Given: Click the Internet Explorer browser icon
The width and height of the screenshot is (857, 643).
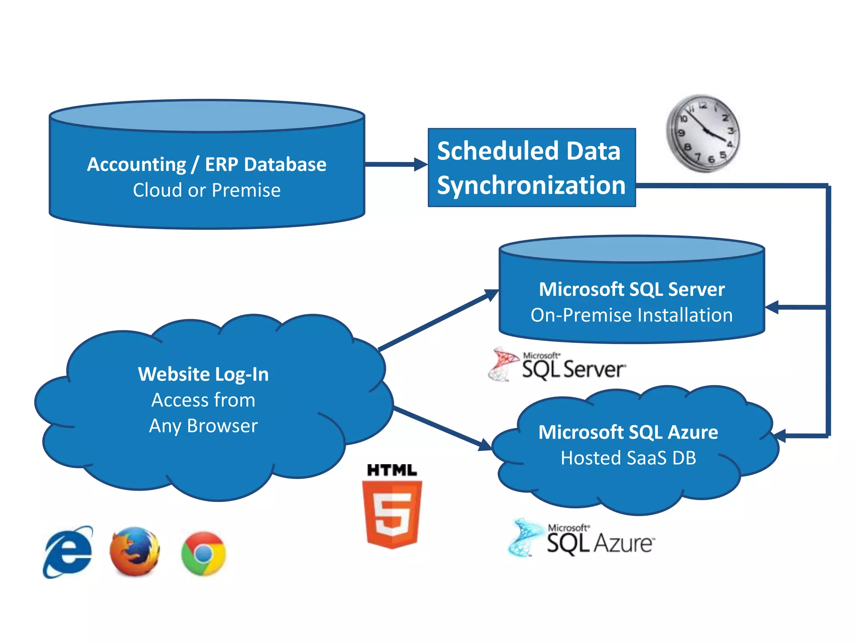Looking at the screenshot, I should click(x=68, y=552).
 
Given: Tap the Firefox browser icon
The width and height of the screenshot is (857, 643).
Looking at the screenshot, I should click(x=135, y=551).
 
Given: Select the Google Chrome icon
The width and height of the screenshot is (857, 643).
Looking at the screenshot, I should click(x=203, y=553).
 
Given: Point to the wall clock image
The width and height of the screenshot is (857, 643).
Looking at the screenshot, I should click(x=703, y=133).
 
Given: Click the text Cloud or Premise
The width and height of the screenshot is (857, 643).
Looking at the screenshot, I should click(x=207, y=190).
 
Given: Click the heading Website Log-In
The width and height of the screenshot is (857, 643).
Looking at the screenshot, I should click(x=203, y=374).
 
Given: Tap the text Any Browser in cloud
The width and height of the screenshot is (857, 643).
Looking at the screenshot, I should click(x=203, y=426).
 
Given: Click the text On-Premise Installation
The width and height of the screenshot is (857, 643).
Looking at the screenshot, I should click(x=631, y=315).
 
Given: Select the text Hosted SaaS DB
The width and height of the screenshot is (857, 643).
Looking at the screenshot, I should click(x=629, y=458).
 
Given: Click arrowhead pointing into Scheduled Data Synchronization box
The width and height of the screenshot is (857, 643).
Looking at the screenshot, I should click(x=420, y=165).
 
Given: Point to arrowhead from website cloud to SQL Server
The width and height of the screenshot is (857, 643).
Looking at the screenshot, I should click(x=491, y=294).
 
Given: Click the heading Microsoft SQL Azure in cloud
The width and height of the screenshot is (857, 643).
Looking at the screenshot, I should click(x=629, y=432).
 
